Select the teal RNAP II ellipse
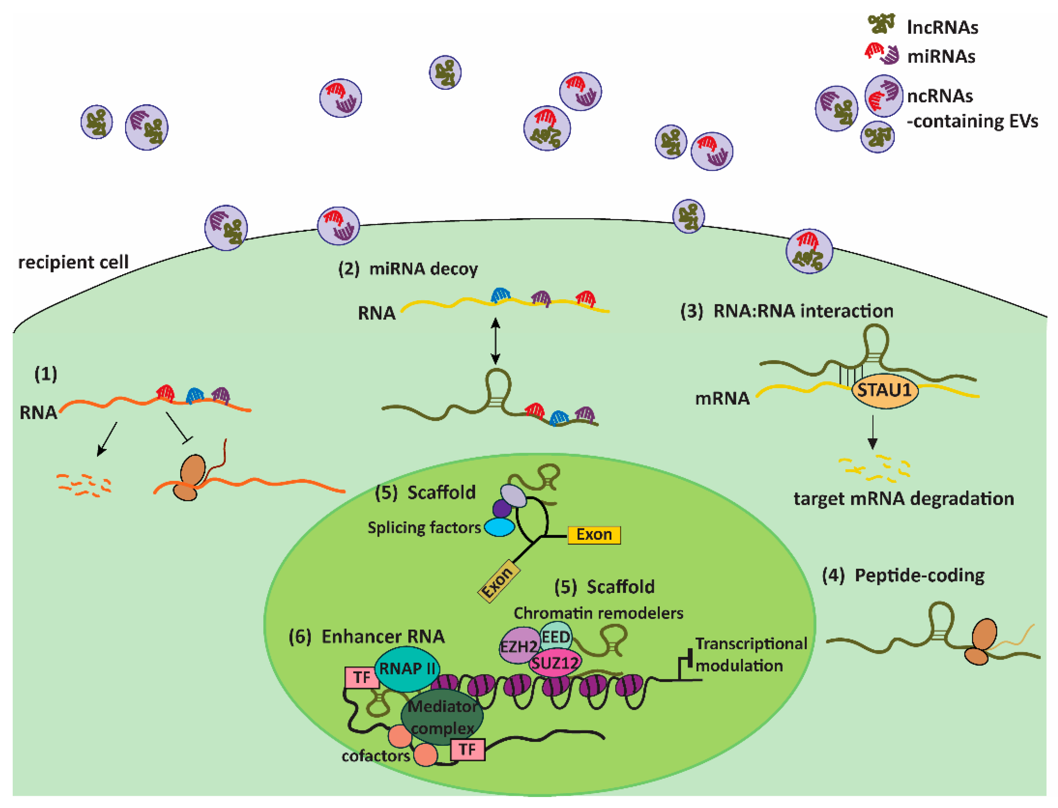tap(407, 669)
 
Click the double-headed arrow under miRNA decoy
tap(495, 341)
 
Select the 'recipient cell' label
tap(73, 262)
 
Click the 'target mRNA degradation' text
tap(904, 498)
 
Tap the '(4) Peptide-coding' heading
tap(903, 575)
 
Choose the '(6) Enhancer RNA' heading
tap(366, 636)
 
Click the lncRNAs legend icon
tap(881, 24)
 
